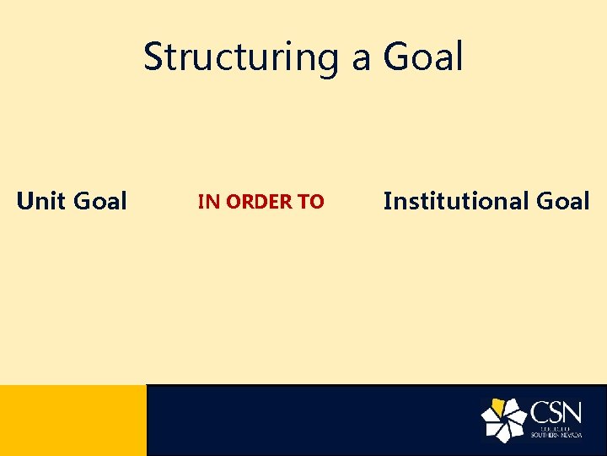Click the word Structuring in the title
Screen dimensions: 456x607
click(241, 57)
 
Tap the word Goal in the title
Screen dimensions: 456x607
click(423, 57)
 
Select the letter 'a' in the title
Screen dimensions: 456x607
click(362, 59)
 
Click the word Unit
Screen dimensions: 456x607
click(41, 201)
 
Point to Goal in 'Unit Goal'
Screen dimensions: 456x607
click(100, 201)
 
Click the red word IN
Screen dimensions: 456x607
click(208, 202)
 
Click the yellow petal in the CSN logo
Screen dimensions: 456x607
click(498, 408)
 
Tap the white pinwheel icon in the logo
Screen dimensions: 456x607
click(504, 420)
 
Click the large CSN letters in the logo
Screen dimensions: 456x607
click(556, 413)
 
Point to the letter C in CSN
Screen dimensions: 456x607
click(540, 413)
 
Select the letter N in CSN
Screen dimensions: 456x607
click(573, 413)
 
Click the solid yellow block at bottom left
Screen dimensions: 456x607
click(73, 420)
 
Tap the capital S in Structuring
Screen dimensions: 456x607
click(154, 57)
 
